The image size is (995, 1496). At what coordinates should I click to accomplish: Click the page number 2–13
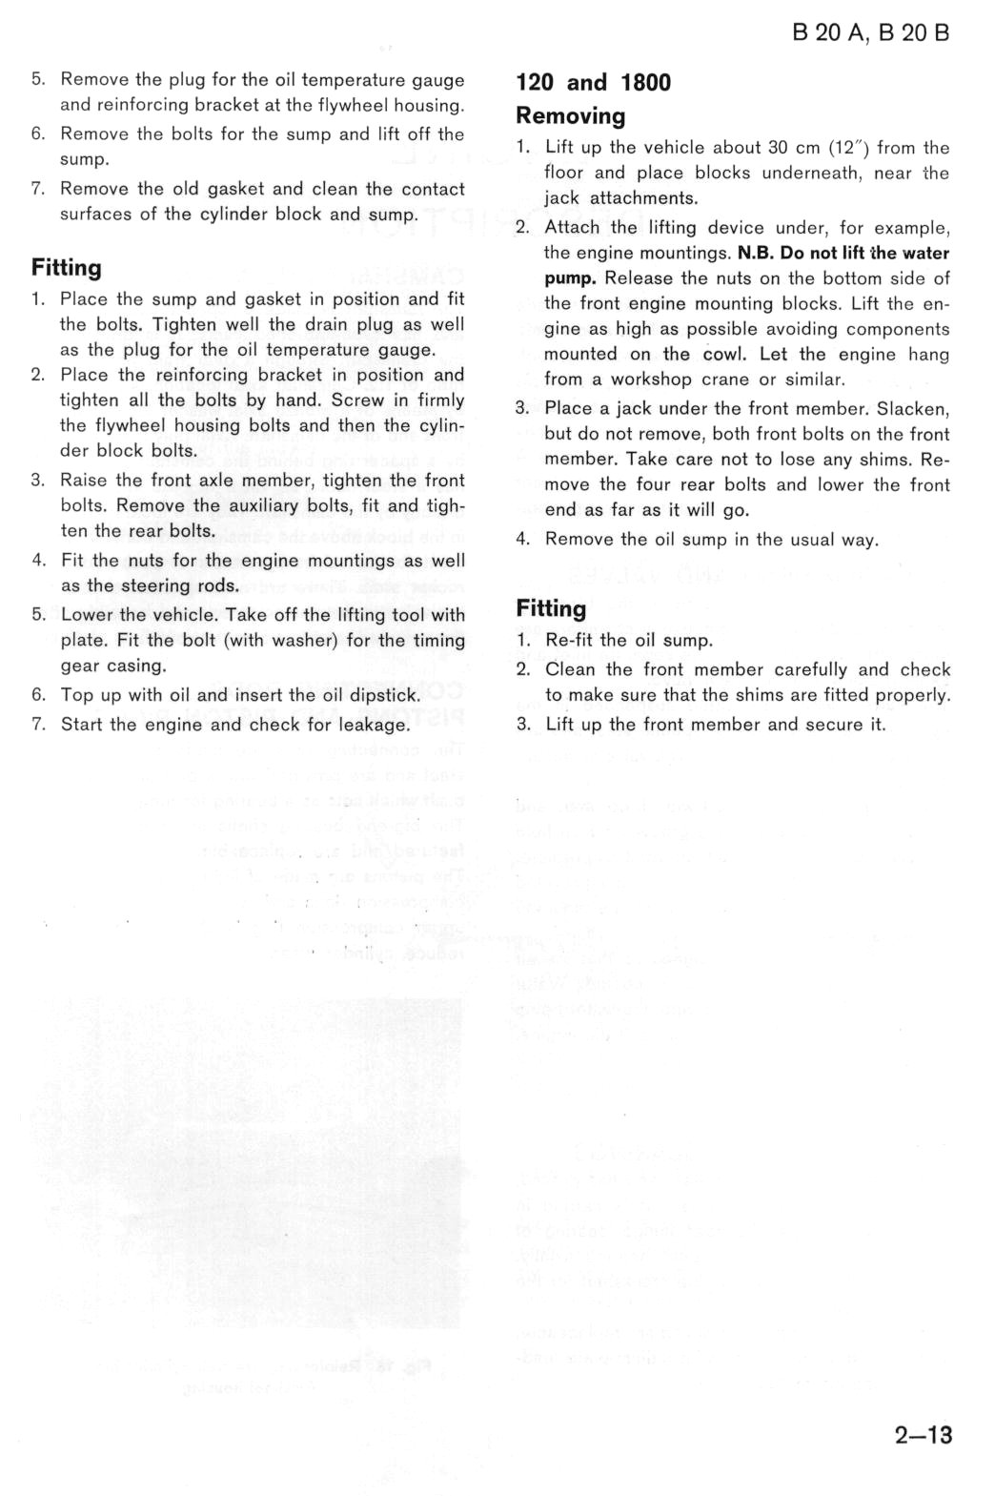pyautogui.click(x=923, y=1434)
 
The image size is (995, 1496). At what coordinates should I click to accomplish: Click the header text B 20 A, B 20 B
pyautogui.click(x=870, y=32)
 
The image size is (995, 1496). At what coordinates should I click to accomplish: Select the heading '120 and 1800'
pyautogui.click(x=593, y=83)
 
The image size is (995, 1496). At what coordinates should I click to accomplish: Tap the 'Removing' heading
pyautogui.click(x=570, y=116)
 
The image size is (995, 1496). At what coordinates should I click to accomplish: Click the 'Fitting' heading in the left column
pyautogui.click(x=66, y=268)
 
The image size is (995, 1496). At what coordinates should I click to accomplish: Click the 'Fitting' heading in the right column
pyautogui.click(x=551, y=608)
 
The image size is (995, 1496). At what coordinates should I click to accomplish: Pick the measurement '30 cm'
pyautogui.click(x=793, y=148)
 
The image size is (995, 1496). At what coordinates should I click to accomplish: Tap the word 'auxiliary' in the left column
pyautogui.click(x=260, y=505)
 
